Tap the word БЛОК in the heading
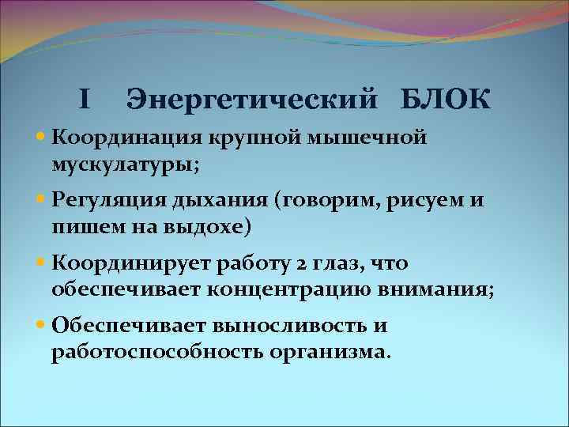446,100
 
